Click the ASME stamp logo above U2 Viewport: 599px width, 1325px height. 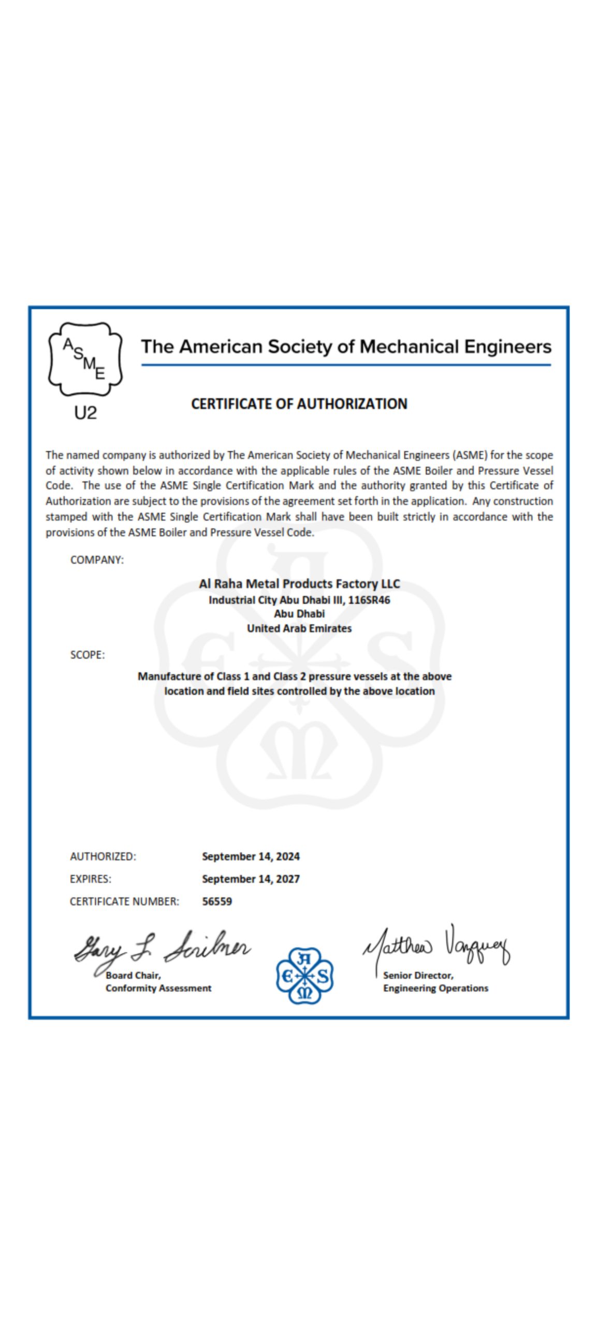coord(85,359)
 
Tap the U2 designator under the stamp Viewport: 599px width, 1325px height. coord(85,413)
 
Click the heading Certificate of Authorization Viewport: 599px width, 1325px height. coord(299,404)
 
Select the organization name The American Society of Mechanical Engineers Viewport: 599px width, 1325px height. coord(346,346)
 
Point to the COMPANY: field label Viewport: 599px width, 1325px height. coord(97,560)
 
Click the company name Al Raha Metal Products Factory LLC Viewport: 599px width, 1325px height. coord(299,584)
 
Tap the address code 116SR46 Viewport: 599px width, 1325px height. coord(369,600)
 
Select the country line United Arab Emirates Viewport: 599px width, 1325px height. coord(299,628)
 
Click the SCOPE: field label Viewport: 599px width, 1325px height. coord(87,655)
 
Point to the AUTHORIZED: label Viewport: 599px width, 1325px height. coord(103,857)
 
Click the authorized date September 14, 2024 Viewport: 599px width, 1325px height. coord(251,857)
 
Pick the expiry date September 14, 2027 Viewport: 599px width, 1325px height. coord(251,879)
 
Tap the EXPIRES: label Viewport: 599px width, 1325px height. coord(91,879)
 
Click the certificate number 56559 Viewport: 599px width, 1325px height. coord(217,901)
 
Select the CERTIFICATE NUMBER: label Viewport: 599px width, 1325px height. coord(124,901)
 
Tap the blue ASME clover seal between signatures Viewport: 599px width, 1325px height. coord(304,976)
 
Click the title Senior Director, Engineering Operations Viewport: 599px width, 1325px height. coord(435,982)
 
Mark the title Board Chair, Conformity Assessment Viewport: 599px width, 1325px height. coord(158,982)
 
